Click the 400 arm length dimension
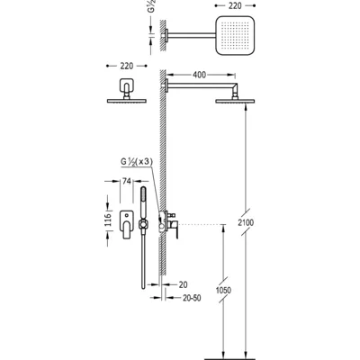click(x=199, y=75)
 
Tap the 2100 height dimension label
click(x=246, y=222)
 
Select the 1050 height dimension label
click(x=223, y=290)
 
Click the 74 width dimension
click(x=127, y=181)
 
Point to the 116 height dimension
click(x=108, y=220)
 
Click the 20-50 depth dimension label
click(x=192, y=298)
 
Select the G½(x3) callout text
click(x=137, y=162)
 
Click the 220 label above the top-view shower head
click(x=235, y=5)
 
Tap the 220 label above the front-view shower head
click(x=127, y=66)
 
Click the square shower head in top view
click(x=235, y=36)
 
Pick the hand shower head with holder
click(x=143, y=210)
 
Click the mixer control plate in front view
click(x=127, y=224)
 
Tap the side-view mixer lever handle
click(x=176, y=230)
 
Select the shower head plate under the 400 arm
click(x=235, y=102)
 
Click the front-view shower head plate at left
click(x=127, y=101)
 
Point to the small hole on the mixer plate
click(x=127, y=215)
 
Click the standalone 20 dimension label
click(x=183, y=284)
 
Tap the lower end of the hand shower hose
click(x=143, y=287)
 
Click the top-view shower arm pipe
click(x=192, y=35)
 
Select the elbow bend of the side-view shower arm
click(x=235, y=88)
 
